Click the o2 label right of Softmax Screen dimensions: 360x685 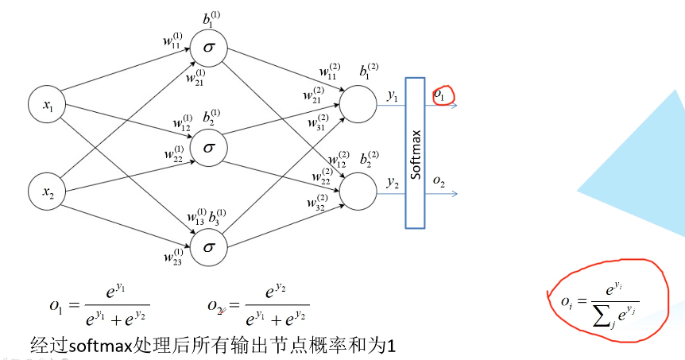[439, 182]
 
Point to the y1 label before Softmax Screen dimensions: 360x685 [393, 96]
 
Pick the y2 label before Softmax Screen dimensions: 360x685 [393, 182]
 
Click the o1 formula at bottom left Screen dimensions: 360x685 [99, 306]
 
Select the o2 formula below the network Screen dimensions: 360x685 [258, 306]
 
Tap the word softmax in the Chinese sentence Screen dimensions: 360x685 [99, 346]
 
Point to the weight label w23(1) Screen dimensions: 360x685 [174, 256]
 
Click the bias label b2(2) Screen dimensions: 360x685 [370, 159]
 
